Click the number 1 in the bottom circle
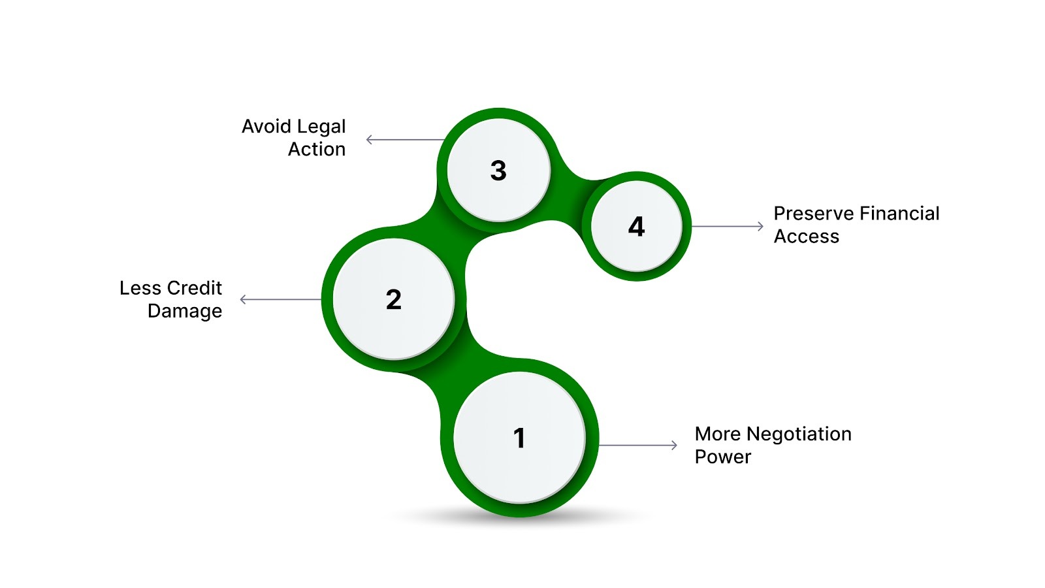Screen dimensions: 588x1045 [x=519, y=438]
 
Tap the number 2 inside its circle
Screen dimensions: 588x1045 [x=393, y=299]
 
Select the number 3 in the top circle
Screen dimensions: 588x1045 [x=498, y=171]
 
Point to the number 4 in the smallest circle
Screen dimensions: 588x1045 [x=636, y=227]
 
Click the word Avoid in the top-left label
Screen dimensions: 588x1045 [x=265, y=126]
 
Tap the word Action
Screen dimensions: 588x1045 [x=317, y=149]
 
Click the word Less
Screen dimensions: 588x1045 [x=140, y=288]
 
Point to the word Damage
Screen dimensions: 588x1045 [x=185, y=311]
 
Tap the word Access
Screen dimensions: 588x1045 [x=806, y=237]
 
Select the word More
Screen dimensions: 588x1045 [x=718, y=434]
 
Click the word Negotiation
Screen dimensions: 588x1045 [x=799, y=434]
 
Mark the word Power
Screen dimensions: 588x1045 [x=722, y=457]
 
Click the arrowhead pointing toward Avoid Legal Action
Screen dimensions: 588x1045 [x=369, y=139]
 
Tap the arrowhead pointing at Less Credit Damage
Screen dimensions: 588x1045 [x=243, y=299]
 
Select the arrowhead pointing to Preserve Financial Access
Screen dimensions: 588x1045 [x=760, y=226]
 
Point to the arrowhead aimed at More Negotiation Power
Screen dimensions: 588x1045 [x=675, y=446]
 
